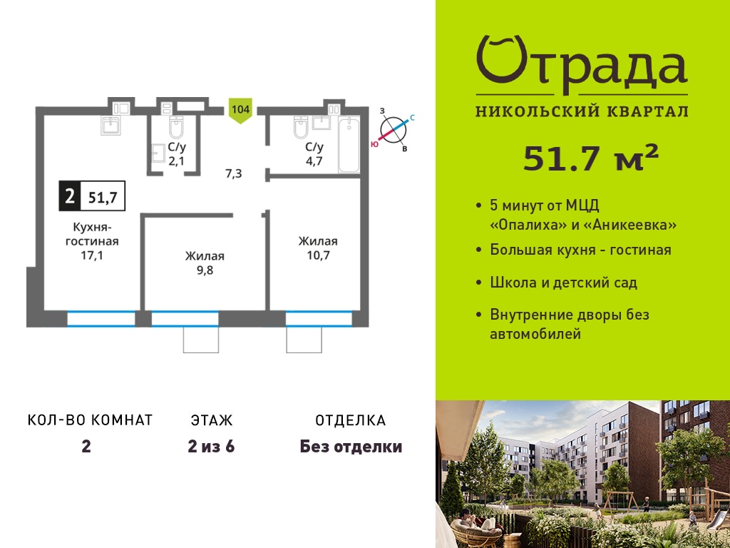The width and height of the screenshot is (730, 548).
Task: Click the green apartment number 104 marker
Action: pyautogui.click(x=241, y=111)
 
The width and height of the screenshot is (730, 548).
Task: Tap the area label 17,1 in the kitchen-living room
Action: pyautogui.click(x=92, y=255)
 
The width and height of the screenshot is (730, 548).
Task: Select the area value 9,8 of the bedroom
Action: pyautogui.click(x=205, y=270)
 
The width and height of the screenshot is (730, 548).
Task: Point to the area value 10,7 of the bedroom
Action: pyautogui.click(x=318, y=255)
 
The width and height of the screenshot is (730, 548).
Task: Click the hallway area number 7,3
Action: pyautogui.click(x=233, y=174)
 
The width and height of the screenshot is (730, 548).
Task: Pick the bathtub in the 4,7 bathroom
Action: pyautogui.click(x=349, y=145)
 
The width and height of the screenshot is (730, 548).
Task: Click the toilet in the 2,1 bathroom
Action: pyautogui.click(x=177, y=127)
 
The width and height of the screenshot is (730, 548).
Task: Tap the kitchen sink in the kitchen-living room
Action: pyautogui.click(x=110, y=126)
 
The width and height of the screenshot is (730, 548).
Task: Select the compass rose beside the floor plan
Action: pyautogui.click(x=394, y=130)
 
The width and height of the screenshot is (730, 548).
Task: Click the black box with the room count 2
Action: pyautogui.click(x=70, y=196)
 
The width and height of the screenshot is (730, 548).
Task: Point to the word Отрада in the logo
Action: pyautogui.click(x=582, y=65)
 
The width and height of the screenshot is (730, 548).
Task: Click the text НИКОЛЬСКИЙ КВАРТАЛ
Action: pyautogui.click(x=582, y=111)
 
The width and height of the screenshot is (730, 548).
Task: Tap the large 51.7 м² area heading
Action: pyautogui.click(x=591, y=158)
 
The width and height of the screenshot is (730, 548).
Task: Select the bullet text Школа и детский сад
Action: pyautogui.click(x=564, y=283)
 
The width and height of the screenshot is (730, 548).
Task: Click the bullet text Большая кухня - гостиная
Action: pyautogui.click(x=580, y=250)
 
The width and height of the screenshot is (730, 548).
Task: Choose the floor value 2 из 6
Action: pyautogui.click(x=211, y=447)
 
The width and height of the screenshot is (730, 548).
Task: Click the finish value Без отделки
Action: pyautogui.click(x=351, y=447)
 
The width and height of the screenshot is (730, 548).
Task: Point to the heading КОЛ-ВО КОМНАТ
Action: pyautogui.click(x=91, y=420)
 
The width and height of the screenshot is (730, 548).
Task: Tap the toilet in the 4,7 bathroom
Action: pyautogui.click(x=299, y=128)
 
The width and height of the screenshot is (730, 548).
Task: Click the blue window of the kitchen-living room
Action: pyautogui.click(x=101, y=319)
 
